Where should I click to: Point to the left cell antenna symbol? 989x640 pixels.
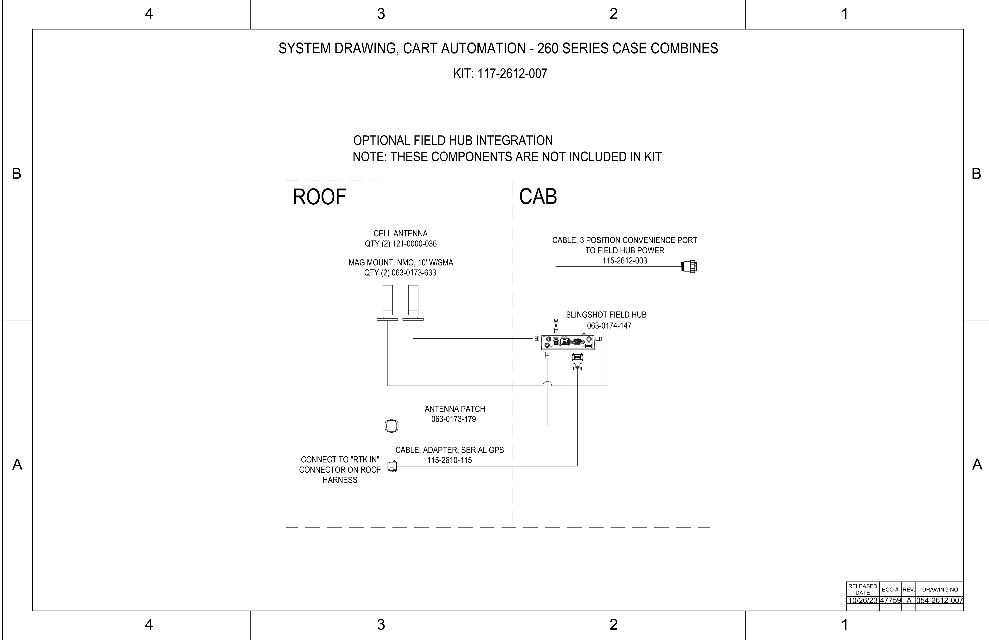click(387, 303)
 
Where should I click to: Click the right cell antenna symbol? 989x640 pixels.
click(413, 303)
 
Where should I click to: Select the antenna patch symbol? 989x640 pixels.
click(392, 426)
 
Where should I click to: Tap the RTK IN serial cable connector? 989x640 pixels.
click(392, 466)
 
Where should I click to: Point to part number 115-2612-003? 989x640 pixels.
click(625, 261)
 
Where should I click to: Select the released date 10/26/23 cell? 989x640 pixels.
click(863, 600)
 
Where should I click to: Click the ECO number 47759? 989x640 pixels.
click(890, 600)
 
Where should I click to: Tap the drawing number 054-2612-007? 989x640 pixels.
click(940, 600)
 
